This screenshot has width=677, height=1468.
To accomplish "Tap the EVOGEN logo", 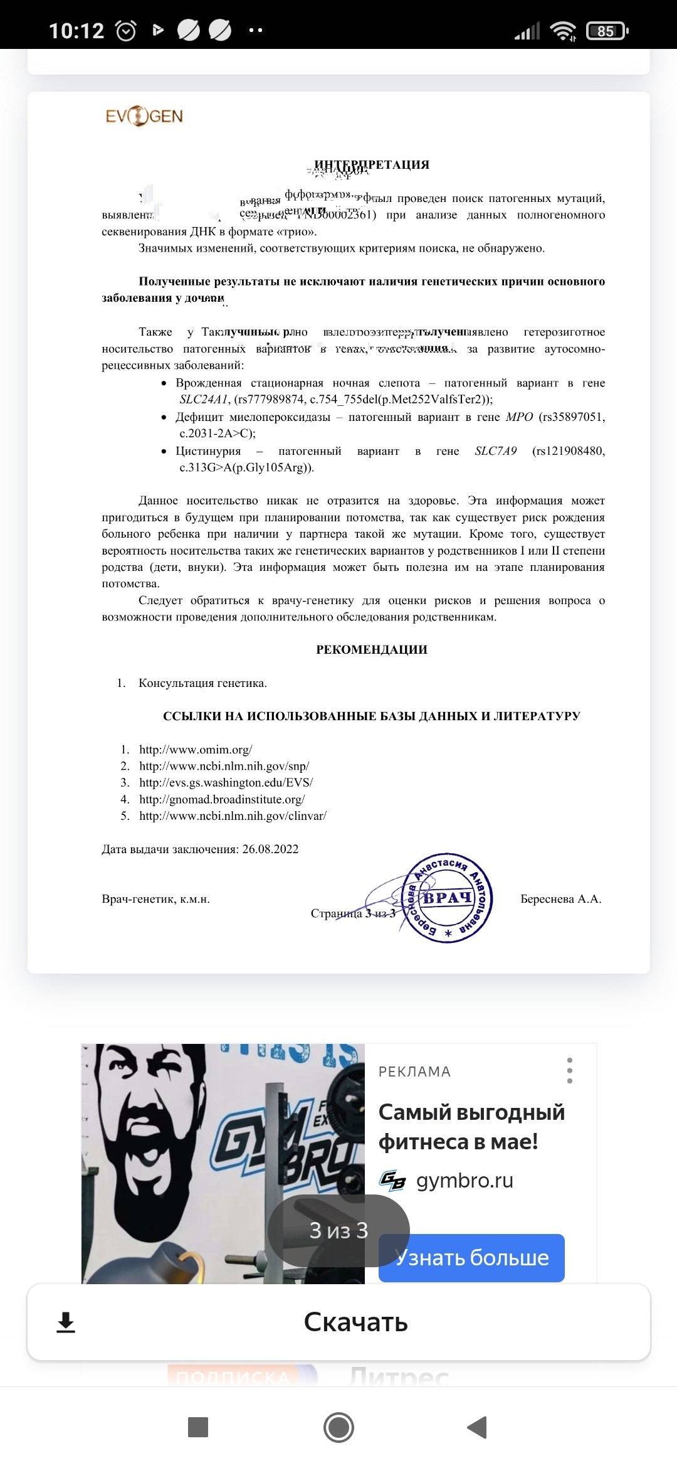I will (144, 117).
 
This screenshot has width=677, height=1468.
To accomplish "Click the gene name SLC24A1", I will (204, 400).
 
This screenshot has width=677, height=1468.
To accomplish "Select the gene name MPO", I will (519, 417).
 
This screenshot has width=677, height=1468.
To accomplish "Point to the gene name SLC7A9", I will (496, 451).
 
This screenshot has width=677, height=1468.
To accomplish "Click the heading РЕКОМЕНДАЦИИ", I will (372, 650).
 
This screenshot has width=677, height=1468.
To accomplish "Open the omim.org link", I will (196, 750).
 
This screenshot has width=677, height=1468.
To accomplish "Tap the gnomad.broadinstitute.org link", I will (222, 799).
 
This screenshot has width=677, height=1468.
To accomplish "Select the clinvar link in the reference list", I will (233, 816).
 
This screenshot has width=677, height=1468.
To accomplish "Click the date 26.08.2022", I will (270, 849).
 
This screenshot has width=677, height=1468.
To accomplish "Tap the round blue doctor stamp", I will (448, 898).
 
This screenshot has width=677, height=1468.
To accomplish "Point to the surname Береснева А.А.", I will (560, 899).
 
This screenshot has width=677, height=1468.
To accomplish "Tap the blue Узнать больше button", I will (471, 1258).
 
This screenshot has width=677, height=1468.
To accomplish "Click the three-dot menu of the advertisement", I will (569, 1070).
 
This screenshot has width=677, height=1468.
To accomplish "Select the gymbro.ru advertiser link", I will (464, 1181).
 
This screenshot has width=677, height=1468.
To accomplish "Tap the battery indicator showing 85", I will (606, 31).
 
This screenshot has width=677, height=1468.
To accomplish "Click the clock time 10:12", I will (76, 31).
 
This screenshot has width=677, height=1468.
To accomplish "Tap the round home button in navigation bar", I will (338, 1427).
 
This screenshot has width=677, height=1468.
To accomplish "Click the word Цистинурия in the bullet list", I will (208, 451).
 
